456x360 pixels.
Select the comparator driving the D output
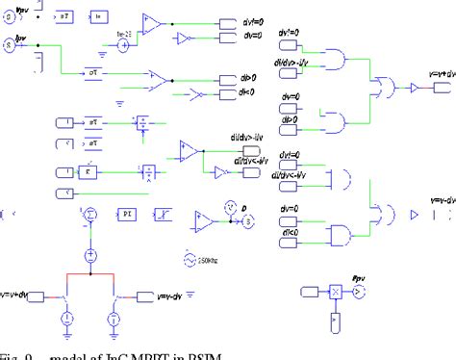(204, 219)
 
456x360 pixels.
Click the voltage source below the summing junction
(89, 255)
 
